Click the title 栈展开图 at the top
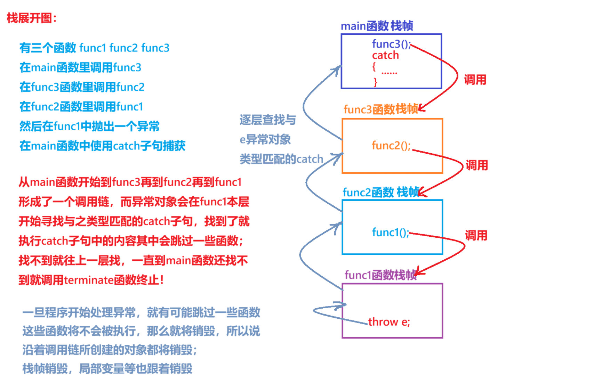[31, 18]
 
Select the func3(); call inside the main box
[391, 44]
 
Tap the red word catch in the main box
[385, 55]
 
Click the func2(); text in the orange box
[391, 145]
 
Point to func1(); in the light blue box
[390, 232]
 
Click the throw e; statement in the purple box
[389, 322]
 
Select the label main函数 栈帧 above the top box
[377, 26]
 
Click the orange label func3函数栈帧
[381, 109]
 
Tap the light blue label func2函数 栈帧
[381, 192]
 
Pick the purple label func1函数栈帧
[380, 275]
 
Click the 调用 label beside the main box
[475, 80]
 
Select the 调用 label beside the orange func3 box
[476, 165]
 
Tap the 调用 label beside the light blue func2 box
[476, 235]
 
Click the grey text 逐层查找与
[267, 120]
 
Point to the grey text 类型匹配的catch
[281, 159]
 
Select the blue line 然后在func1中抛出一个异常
[89, 126]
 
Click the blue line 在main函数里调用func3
[80, 67]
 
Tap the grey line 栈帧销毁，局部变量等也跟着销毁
[107, 368]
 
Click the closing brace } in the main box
[375, 82]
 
